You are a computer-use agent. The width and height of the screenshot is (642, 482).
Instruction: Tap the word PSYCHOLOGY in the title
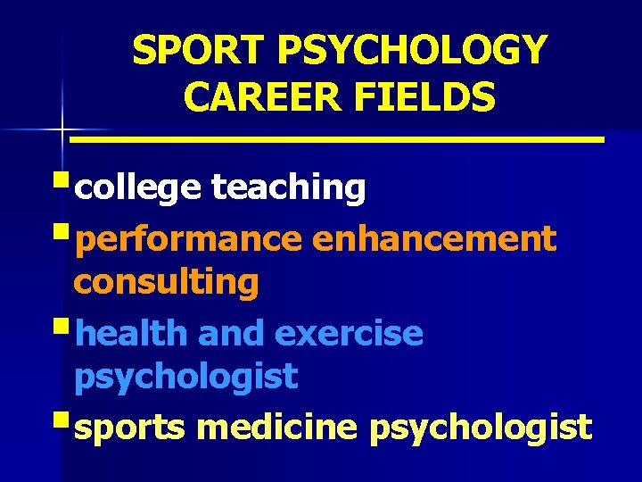410,51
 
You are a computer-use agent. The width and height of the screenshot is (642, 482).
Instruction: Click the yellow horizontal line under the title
337,140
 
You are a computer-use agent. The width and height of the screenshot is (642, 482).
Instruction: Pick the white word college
139,188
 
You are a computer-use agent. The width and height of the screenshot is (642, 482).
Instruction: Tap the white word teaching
288,188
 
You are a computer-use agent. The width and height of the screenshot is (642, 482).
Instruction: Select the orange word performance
189,239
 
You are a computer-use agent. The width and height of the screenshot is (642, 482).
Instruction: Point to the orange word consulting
166,283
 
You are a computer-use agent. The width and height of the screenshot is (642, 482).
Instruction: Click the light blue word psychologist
185,378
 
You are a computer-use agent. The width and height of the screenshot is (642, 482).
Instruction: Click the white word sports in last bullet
130,428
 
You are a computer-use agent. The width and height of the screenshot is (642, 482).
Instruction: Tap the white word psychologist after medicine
480,428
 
